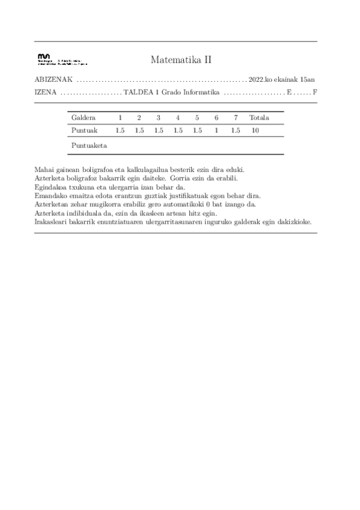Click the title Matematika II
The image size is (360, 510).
[180, 60]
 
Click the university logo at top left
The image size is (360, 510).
[62, 58]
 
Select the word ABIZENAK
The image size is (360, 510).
[54, 79]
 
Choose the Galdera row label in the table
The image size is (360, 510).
[83, 117]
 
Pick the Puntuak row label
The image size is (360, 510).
[83, 130]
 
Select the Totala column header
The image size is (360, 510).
[259, 117]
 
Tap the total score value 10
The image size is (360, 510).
[255, 130]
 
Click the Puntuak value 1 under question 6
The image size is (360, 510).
[216, 130]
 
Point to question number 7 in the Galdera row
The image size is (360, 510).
[236, 117]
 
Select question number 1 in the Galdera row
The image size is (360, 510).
[120, 117]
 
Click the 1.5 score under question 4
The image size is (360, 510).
[178, 130]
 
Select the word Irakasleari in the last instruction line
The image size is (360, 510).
[52, 222]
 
